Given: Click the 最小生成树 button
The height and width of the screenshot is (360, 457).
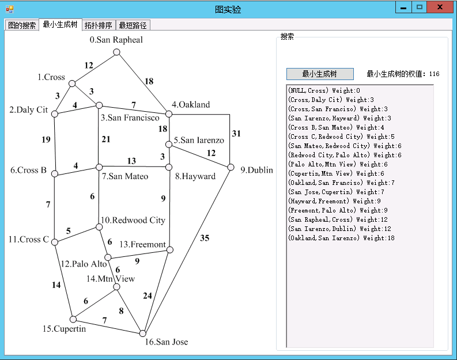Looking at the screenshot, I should coord(319,74).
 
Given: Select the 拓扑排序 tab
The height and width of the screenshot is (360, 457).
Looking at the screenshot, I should coord(99,25).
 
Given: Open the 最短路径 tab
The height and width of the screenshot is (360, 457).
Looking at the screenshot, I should coord(133,25).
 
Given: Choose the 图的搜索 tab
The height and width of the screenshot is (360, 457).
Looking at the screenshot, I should coord(22,25).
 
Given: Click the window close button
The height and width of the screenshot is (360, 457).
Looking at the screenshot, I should coord(440,7).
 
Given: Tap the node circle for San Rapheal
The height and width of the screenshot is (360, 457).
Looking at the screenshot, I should coord(116,52).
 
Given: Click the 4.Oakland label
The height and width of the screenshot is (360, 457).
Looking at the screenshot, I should coord(191,105).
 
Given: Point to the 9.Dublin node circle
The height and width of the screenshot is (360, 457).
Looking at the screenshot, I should coord(231,167).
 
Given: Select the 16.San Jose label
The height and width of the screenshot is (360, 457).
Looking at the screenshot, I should coord(166,342).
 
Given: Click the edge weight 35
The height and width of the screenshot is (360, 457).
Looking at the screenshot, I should coord(205,238).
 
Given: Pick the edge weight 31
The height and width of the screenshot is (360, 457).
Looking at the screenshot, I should coord(236,134).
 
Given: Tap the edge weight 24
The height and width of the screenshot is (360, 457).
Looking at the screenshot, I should coord(148,296).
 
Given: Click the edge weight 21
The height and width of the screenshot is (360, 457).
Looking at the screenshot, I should coord(105,139).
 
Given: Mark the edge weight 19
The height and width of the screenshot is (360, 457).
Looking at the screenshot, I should coord(46,139).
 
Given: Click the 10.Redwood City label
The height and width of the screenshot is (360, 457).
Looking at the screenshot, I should coord(133,220).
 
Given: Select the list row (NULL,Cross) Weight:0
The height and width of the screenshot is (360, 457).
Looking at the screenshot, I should coord(324,90).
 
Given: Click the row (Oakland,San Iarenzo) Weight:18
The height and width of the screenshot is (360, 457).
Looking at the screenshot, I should coord(342,238).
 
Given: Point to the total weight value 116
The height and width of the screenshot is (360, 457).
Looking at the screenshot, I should coord(434,74).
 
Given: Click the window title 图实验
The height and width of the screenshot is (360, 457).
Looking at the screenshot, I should coord(228,10).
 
